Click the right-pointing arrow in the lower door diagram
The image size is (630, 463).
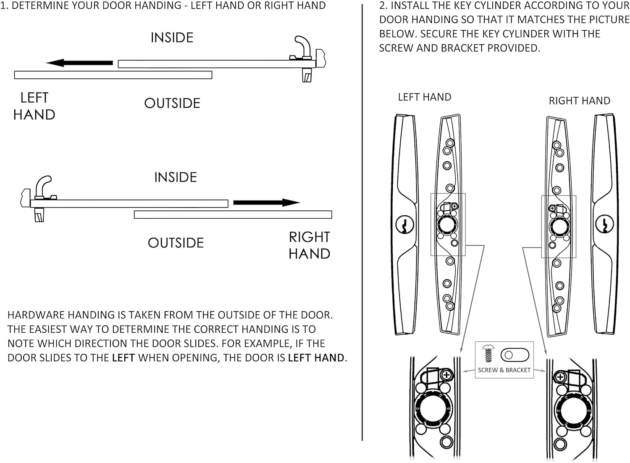coord(266,203)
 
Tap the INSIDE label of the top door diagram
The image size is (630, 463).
coord(172,37)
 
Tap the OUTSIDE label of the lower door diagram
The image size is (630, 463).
coord(176,243)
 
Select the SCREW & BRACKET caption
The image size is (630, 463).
coord(504,370)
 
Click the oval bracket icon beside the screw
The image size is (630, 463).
coord(515,355)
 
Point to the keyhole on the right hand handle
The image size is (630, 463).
coord(604,224)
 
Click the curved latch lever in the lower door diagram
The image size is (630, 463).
coord(43,185)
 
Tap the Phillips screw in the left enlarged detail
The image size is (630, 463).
coord(446,375)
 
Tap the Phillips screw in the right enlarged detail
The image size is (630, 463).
coord(560,377)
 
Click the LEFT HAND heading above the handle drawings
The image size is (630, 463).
coord(424,97)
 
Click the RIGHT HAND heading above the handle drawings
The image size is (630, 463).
coord(579,101)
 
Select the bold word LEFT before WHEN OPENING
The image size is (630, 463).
coord(123,358)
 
